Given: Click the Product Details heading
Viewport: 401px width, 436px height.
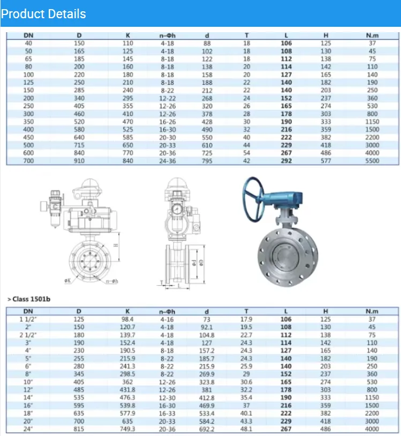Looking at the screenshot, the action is pos(43,14).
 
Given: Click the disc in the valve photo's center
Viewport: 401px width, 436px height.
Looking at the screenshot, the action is pos(286,257).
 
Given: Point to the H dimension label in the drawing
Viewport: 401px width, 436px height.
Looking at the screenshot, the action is pos(116,245).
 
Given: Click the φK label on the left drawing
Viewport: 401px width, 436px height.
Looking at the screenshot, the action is pos(67,281).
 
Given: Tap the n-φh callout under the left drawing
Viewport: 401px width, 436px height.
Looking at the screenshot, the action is pos(112,282).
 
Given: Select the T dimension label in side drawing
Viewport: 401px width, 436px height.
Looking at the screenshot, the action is pos(162,283).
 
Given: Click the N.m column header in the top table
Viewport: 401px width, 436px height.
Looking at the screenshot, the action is pos(372,35).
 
